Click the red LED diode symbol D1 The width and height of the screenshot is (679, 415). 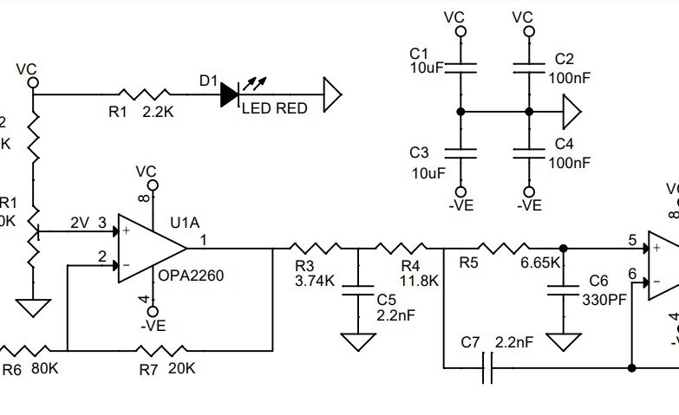pos(230,94)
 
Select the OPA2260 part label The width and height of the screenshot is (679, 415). pos(191,276)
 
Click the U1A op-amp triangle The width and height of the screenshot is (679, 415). pos(149,248)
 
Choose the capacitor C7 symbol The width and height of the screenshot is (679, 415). pos(487,369)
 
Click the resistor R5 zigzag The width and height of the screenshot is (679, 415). pos(506,248)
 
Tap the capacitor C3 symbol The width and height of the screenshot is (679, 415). pos(460,153)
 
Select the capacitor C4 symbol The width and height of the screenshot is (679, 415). pos(529,153)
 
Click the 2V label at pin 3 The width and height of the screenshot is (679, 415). pos(81,223)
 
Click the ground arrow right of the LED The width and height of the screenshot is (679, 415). pos(332,93)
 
